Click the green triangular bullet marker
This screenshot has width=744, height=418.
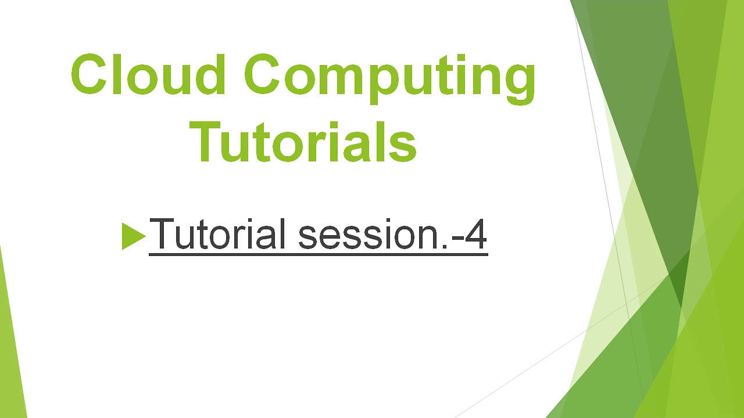[133, 236]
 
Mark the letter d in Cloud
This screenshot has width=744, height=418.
[208, 74]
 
